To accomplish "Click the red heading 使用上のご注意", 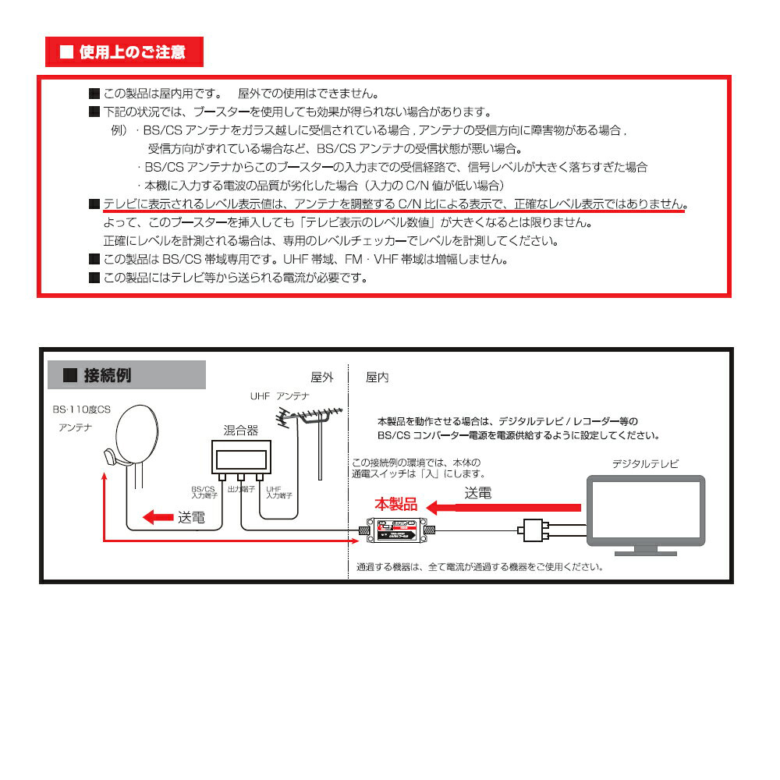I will tap(125, 52).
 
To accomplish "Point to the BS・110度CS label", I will tap(82, 409).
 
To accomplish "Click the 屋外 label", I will tap(321, 377).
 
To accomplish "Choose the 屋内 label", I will tap(377, 377).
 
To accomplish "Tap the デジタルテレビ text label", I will tap(645, 463).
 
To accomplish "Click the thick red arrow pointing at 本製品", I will tap(507, 508).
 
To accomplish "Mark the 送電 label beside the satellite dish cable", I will tap(190, 516).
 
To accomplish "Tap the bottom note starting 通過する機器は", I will tap(479, 567).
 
